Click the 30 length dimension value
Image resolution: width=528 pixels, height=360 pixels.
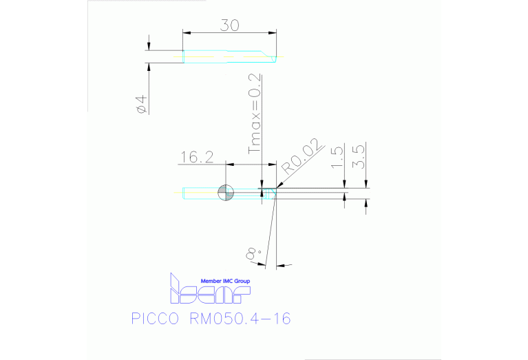(x=229, y=25)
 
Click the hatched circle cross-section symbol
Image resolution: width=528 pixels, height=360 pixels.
(x=226, y=193)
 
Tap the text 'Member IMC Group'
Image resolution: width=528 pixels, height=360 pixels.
(x=225, y=282)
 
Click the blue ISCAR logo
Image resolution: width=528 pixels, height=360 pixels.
(x=209, y=292)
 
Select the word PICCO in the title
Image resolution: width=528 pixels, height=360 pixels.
(x=152, y=319)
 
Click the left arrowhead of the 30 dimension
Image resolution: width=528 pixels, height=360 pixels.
(x=186, y=32)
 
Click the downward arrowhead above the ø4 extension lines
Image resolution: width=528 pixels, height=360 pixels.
(x=148, y=47)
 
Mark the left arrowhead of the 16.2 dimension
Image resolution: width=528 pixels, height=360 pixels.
(x=229, y=165)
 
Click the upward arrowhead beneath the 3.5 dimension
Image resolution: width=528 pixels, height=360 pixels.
(x=366, y=202)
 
